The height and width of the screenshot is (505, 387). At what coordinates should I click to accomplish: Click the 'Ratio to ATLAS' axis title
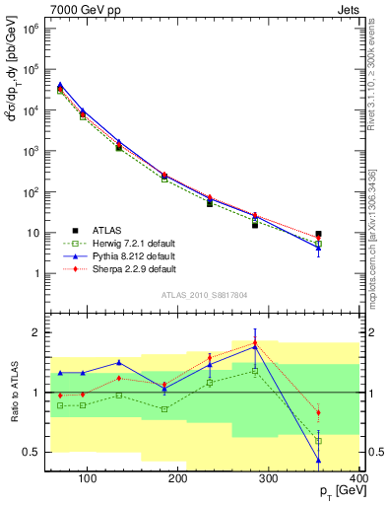(15, 392)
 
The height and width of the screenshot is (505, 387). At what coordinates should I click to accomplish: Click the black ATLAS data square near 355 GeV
(318, 235)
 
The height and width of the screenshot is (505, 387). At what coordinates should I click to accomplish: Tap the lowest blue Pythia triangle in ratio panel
(318, 460)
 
